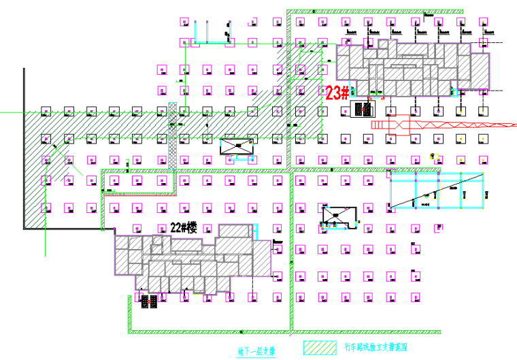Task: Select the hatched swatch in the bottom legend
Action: (319, 347)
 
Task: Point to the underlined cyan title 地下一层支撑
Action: (256, 352)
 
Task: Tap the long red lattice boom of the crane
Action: (449, 125)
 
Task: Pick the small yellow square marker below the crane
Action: (436, 156)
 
